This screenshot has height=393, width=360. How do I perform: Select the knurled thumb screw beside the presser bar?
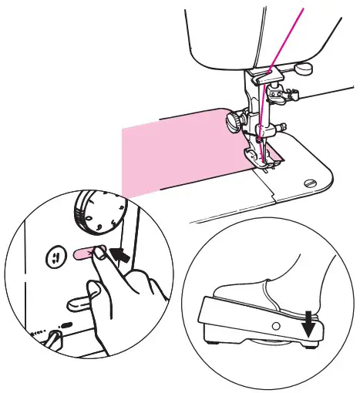[232, 120]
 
